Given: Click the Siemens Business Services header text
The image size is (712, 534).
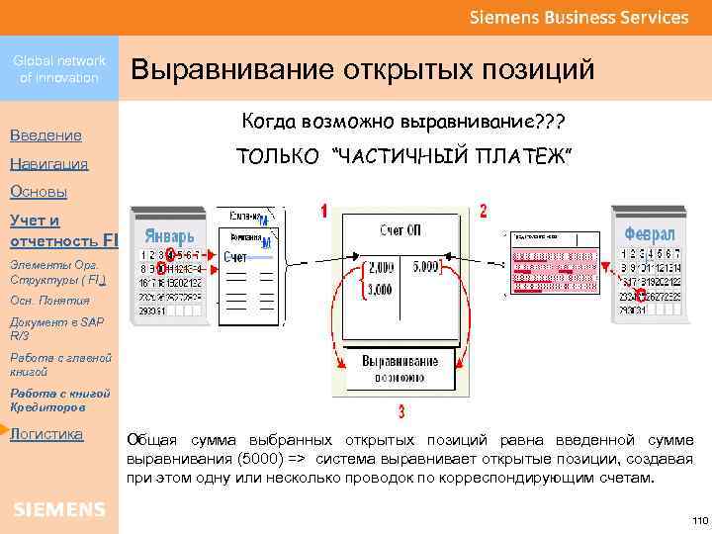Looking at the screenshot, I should click(x=578, y=17).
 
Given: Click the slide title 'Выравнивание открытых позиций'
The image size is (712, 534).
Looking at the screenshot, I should click(x=362, y=70).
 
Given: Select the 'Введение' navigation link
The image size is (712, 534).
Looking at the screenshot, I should click(x=45, y=134).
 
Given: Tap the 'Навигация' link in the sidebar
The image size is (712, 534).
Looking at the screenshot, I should click(x=48, y=163).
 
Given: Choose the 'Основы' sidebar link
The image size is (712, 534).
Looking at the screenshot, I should click(x=38, y=192).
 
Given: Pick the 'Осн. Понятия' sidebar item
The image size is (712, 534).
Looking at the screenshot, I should click(x=49, y=301).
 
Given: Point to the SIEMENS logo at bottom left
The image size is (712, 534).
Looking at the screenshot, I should click(x=59, y=509).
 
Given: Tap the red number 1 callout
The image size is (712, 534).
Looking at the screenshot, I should click(x=324, y=211).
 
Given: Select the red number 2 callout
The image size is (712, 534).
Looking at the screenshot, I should click(x=482, y=211).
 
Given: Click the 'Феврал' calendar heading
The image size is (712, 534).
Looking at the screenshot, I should click(x=650, y=235).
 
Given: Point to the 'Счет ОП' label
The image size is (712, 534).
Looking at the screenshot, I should click(x=400, y=230).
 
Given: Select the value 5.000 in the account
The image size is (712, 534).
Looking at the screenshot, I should click(x=427, y=267).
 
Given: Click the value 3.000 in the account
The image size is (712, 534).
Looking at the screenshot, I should click(x=380, y=290).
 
